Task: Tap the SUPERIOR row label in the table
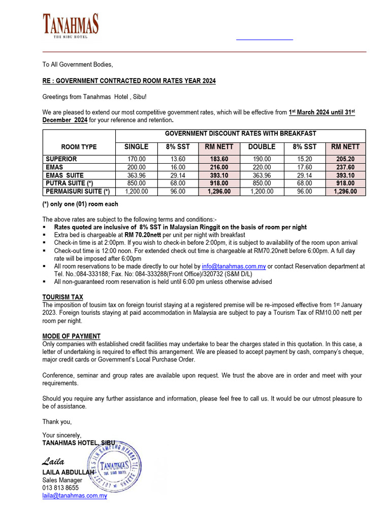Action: click(61, 159)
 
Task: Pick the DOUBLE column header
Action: click(262, 146)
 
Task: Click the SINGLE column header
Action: click(137, 146)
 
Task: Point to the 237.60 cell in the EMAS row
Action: click(345, 167)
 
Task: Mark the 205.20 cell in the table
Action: click(345, 159)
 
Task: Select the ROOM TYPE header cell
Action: click(79, 147)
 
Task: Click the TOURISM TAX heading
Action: click(62, 297)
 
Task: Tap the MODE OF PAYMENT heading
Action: click(71, 337)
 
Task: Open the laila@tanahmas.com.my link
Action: click(75, 496)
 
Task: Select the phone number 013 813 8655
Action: click(60, 488)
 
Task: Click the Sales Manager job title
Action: click(62, 480)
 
